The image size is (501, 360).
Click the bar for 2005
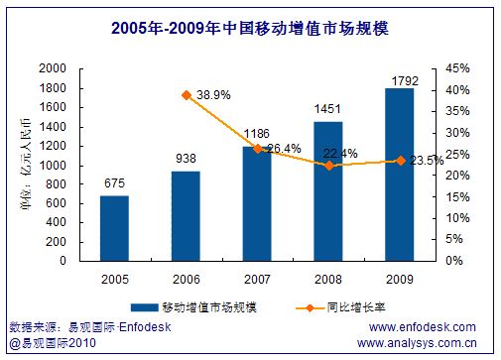pyautogui.click(x=114, y=228)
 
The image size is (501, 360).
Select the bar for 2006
pyautogui.click(x=186, y=215)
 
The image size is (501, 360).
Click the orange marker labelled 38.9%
pyautogui.click(x=186, y=94)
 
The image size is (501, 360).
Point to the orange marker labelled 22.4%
pyautogui.click(x=329, y=165)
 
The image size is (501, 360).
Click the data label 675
pyautogui.click(x=114, y=182)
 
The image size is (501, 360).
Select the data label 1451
pyautogui.click(x=329, y=108)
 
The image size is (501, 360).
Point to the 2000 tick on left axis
pyautogui.click(x=54, y=68)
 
